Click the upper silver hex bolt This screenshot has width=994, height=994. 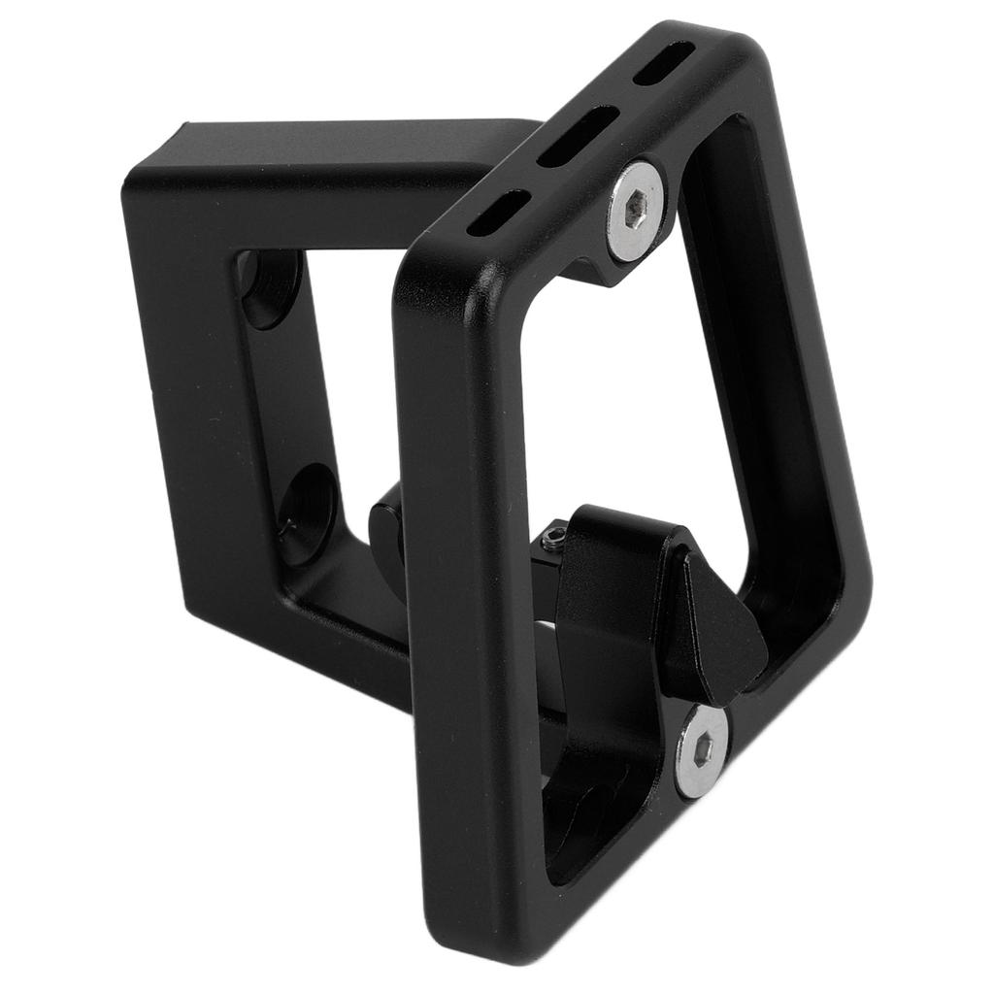coord(636,212)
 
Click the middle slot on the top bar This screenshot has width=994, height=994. coord(579,137)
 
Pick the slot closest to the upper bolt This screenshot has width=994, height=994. coord(498,213)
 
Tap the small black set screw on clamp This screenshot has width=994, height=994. coord(554,535)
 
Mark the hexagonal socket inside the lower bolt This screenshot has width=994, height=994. coord(704,750)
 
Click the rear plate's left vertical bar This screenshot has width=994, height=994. coord(189,408)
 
